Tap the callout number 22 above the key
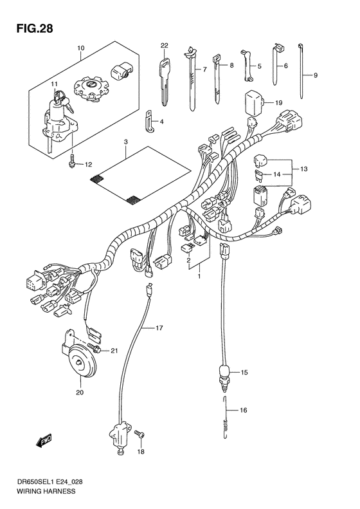[164, 45]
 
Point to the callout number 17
[159, 328]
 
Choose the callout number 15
[244, 373]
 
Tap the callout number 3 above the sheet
[126, 142]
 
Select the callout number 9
[316, 76]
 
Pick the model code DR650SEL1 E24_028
[49, 481]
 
